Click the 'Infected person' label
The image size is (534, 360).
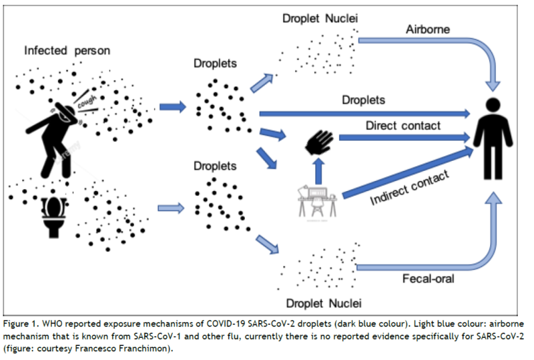coord(67,51)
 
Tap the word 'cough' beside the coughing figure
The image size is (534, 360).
coord(87,102)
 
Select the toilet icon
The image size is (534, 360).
coord(54,217)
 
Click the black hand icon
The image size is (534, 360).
coord(319,142)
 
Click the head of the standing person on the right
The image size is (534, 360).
coord(493,105)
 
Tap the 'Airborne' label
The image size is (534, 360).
coord(428,29)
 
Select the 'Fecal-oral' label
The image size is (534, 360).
coord(428,279)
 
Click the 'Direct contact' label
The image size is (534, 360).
coord(403,126)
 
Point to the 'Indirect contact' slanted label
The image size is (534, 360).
coord(409,188)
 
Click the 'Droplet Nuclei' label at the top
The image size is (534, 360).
coord(320,19)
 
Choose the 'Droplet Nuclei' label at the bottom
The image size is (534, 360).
coord(324,303)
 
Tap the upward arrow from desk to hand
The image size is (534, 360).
coord(318,172)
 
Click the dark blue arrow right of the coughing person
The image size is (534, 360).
coord(173,107)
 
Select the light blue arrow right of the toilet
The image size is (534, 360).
coord(171,208)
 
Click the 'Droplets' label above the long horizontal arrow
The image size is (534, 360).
coord(363,100)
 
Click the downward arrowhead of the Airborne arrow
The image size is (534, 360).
coord(493,86)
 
